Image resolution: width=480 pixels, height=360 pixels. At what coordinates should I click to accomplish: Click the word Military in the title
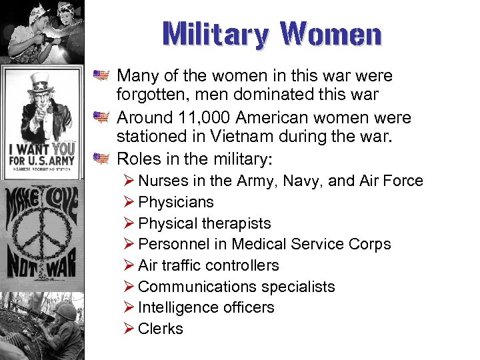[x=213, y=34]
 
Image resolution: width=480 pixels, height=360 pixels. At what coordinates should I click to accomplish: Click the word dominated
[x=267, y=95]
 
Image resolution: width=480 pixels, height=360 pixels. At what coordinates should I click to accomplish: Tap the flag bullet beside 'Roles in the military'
[x=101, y=159]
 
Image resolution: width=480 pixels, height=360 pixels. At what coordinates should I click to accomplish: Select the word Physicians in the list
[x=176, y=202]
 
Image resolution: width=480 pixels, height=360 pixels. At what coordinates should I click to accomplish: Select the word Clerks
[x=161, y=329]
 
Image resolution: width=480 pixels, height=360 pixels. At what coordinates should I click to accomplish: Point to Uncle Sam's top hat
[x=41, y=83]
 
